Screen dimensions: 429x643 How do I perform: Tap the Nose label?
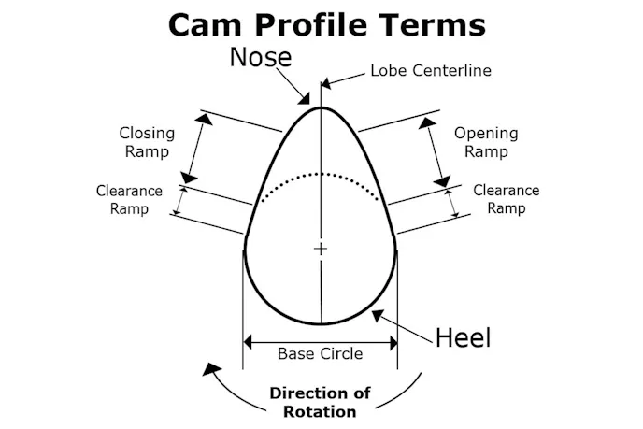point(261,58)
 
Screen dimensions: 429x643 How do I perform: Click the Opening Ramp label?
point(486,142)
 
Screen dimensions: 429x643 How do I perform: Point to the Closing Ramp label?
point(146,142)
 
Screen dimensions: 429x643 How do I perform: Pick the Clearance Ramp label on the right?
point(506,199)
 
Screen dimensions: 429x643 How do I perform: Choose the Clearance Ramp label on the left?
point(129,199)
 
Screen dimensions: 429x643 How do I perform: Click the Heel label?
point(463,337)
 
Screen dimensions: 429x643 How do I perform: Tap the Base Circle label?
point(320,354)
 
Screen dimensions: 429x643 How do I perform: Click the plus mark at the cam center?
point(321,249)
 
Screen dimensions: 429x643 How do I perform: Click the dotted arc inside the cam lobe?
point(321,175)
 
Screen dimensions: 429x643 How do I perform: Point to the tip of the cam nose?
point(321,107)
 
